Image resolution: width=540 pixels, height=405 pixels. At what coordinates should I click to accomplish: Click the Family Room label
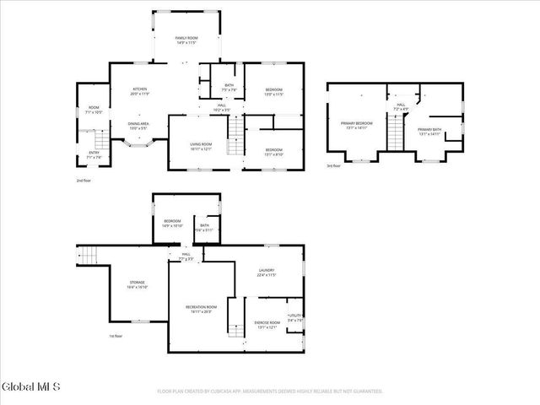pyautogui.click(x=186, y=40)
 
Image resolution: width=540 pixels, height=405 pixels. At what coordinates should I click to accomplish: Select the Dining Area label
pyautogui.click(x=139, y=127)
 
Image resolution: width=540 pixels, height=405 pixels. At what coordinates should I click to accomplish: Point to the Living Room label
pyautogui.click(x=200, y=147)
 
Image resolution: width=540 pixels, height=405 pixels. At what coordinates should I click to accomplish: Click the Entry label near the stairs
pyautogui.click(x=94, y=154)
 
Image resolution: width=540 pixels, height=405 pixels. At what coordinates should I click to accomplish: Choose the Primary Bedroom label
pyautogui.click(x=356, y=127)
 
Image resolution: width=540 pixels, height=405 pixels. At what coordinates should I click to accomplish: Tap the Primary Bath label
pyautogui.click(x=430, y=131)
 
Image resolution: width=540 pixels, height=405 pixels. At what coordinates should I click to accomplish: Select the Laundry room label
pyautogui.click(x=267, y=273)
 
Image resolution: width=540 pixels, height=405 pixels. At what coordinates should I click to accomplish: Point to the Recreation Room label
pyautogui.click(x=202, y=309)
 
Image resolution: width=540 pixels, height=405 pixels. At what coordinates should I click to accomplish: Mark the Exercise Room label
pyautogui.click(x=267, y=325)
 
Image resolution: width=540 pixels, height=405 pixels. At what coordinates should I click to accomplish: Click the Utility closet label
pyautogui.click(x=294, y=318)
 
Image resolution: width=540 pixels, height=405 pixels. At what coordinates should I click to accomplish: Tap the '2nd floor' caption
pyautogui.click(x=83, y=181)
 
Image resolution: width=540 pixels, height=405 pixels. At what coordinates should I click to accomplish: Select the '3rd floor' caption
pyautogui.click(x=333, y=166)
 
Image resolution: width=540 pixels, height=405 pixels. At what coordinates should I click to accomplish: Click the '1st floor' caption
pyautogui.click(x=116, y=337)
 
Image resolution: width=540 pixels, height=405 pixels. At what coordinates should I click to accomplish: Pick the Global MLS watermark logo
pyautogui.click(x=31, y=387)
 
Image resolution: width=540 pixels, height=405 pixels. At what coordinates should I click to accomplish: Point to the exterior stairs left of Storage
pyautogui.click(x=89, y=253)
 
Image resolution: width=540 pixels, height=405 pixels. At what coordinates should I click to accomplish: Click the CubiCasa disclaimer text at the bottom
pyautogui.click(x=270, y=391)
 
